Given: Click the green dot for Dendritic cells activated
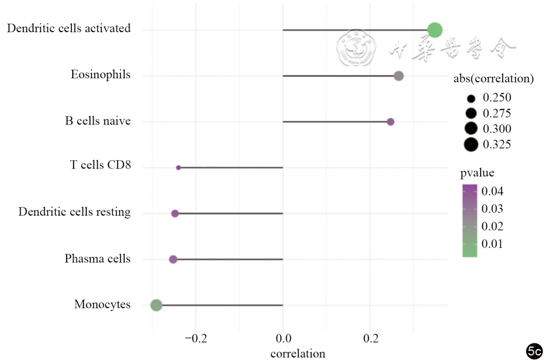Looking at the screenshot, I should [x=435, y=30].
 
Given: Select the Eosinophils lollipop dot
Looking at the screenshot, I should [x=399, y=76].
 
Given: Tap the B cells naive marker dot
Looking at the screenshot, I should [x=391, y=122].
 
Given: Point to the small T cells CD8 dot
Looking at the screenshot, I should [x=178, y=167].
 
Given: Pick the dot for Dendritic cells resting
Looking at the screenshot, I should [x=175, y=213].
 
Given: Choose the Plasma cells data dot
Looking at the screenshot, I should [x=173, y=259].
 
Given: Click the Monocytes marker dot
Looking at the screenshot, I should [x=156, y=306].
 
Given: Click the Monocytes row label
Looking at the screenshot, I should [x=102, y=305].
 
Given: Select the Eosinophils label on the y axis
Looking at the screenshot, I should [x=101, y=75].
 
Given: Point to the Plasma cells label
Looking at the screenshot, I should [x=97, y=258].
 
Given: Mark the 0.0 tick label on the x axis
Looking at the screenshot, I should [x=283, y=337].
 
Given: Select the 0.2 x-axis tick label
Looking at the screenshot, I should [x=370, y=337].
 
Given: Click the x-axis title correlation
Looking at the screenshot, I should [x=298, y=353].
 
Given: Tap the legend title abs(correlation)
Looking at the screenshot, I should [x=494, y=79].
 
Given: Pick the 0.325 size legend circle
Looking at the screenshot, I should [x=471, y=145].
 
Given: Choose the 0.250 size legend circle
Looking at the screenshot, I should [x=471, y=98].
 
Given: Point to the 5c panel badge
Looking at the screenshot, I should [x=534, y=350].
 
